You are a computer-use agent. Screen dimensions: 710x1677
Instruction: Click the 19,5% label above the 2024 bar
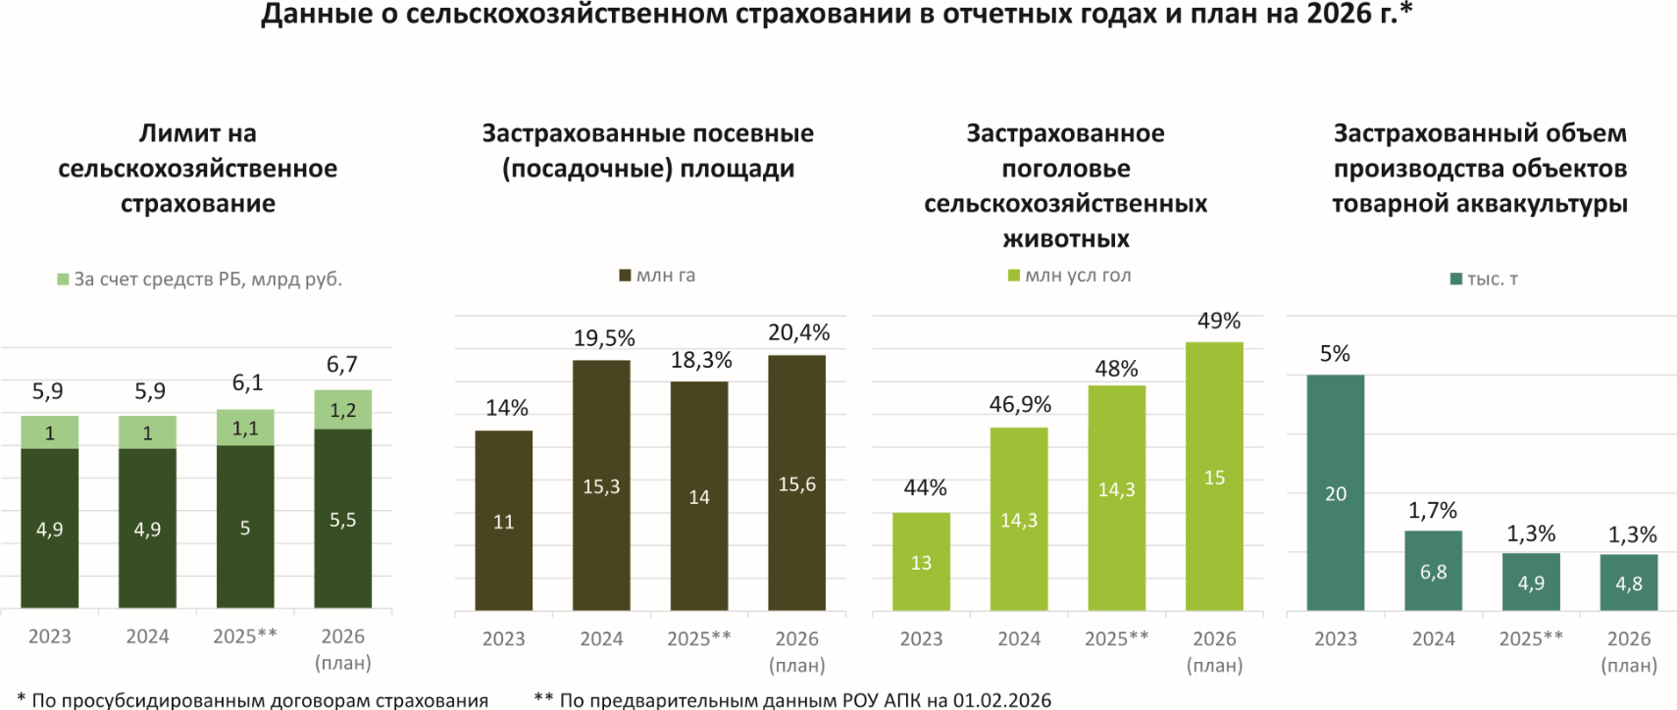point(604,338)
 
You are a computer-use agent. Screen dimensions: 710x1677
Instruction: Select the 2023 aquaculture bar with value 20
point(1335,492)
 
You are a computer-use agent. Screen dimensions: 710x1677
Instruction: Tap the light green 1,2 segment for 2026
point(342,410)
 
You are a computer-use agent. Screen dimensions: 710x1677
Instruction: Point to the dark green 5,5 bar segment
point(342,519)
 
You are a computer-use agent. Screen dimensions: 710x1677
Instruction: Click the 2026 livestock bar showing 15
point(1214,477)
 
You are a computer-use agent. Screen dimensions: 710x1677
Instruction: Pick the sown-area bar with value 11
point(503,521)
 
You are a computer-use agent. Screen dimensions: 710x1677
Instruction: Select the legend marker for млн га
point(625,276)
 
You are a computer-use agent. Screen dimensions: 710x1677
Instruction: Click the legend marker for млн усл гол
point(1014,276)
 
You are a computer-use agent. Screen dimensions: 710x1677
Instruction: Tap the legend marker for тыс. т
point(1455,279)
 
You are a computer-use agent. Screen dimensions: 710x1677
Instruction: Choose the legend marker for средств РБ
point(63,279)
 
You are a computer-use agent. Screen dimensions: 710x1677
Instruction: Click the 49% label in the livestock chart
point(1219,321)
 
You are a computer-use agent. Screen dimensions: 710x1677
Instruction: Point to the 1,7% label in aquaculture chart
point(1433,510)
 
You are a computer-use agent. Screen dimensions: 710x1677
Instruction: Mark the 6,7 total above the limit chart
point(342,365)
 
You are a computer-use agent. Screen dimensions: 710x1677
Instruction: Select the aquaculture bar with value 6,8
point(1433,571)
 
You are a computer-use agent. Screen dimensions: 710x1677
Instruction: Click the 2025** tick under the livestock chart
point(1116,638)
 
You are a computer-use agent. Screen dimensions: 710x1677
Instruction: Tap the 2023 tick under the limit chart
point(49,636)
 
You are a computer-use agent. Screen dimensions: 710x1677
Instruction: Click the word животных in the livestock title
point(1066,238)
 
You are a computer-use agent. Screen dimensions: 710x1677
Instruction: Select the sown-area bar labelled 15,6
point(796,483)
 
